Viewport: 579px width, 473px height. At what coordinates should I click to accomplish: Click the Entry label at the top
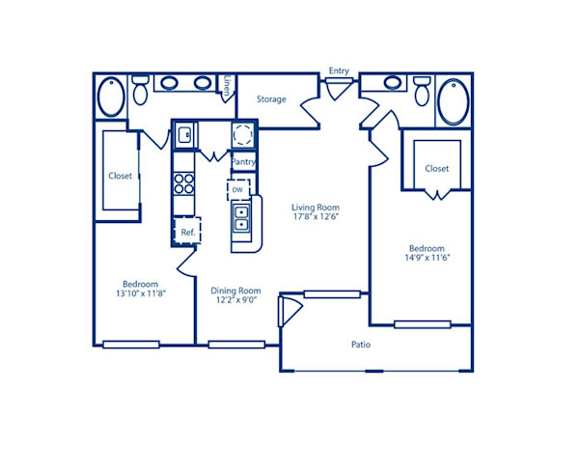click(x=339, y=70)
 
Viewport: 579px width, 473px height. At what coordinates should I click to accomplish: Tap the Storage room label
click(x=271, y=99)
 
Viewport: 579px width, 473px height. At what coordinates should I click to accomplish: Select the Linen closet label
click(x=226, y=87)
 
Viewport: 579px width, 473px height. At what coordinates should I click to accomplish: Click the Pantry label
click(x=243, y=162)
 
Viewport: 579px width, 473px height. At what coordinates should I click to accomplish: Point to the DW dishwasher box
click(x=237, y=190)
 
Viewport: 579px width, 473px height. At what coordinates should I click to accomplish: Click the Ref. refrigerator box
click(x=187, y=233)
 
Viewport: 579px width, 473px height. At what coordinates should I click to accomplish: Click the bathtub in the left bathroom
click(x=109, y=97)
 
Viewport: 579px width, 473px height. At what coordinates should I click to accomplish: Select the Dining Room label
click(x=236, y=291)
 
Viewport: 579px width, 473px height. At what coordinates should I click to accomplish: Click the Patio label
click(x=360, y=345)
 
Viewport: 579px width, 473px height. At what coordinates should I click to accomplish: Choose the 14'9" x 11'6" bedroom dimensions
click(x=427, y=258)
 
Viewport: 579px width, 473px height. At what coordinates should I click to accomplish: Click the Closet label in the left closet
click(x=121, y=177)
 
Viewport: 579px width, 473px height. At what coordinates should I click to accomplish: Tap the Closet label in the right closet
click(x=437, y=169)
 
